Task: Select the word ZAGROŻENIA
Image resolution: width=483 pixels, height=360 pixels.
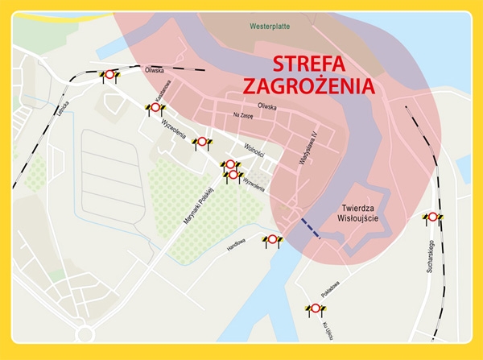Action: [311, 85]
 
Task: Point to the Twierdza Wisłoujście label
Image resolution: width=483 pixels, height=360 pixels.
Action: [359, 211]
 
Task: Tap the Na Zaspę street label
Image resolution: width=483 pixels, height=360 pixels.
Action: [243, 115]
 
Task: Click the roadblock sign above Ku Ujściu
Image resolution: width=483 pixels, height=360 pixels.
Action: [314, 308]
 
